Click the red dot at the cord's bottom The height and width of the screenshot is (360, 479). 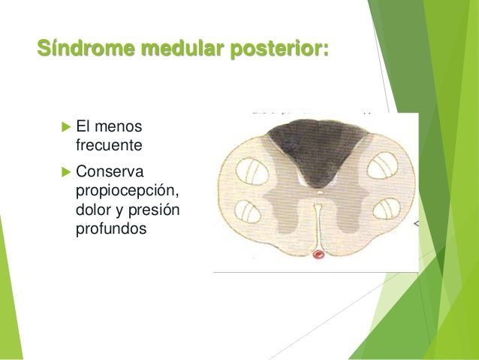tap(318, 255)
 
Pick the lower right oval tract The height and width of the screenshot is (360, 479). tap(384, 210)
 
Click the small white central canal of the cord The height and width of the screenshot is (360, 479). tap(320, 192)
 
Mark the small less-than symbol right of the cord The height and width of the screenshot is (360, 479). tap(417, 224)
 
